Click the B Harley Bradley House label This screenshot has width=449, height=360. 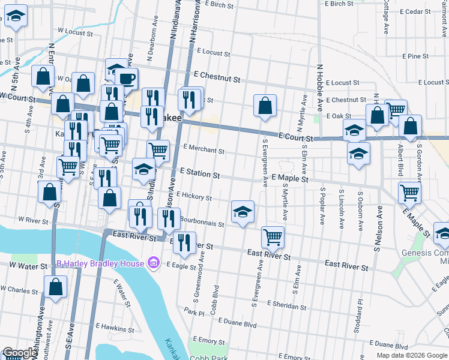[x=100, y=263]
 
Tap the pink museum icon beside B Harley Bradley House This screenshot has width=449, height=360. [x=153, y=263]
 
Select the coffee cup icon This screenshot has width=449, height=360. [x=126, y=78]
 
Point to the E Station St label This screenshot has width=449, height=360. [x=199, y=174]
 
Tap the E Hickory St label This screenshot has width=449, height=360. [x=194, y=196]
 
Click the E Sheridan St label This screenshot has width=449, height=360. [x=286, y=306]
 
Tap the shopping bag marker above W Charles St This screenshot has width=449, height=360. [x=55, y=287]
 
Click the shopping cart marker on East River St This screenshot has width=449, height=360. [x=273, y=236]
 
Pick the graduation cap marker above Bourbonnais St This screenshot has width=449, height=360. [x=243, y=211]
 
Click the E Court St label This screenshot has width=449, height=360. [x=297, y=138]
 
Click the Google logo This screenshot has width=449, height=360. [x=20, y=353]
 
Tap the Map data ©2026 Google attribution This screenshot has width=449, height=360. [x=412, y=355]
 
